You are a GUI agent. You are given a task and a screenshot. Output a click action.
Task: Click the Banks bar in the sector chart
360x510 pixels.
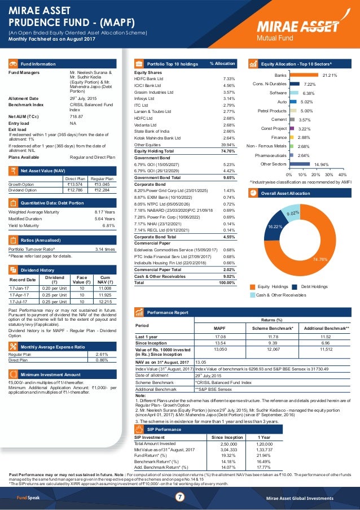click(x=303, y=75)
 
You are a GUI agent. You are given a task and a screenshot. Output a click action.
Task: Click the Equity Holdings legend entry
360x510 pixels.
click(x=273, y=286)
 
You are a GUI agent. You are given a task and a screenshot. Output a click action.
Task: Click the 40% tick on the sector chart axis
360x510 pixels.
click(x=342, y=176)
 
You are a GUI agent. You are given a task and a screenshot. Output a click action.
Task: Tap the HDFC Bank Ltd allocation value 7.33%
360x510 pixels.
click(x=229, y=79)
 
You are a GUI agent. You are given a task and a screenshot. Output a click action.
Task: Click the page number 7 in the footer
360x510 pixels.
click(x=180, y=497)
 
